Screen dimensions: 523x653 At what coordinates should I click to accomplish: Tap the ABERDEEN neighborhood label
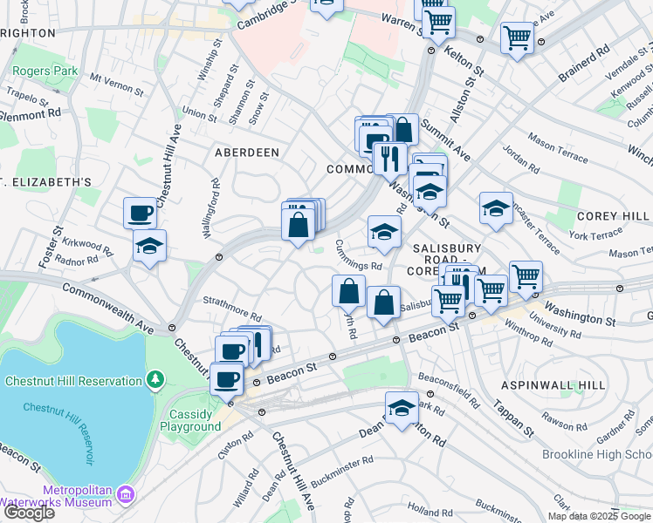[247, 153]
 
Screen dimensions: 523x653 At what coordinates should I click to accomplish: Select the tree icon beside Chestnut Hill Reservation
[155, 380]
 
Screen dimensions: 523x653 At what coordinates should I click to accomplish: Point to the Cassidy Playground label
[189, 420]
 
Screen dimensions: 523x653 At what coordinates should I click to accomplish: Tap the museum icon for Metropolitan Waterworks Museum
[127, 495]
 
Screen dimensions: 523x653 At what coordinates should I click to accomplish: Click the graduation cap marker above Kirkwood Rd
[149, 246]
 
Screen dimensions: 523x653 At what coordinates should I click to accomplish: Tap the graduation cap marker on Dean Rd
[402, 408]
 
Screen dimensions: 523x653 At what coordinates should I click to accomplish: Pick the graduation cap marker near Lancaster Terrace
[496, 209]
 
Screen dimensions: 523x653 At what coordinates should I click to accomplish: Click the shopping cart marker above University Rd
[526, 277]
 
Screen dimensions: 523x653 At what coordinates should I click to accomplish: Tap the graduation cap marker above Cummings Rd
[383, 232]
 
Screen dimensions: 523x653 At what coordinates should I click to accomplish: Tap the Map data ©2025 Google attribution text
[599, 515]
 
